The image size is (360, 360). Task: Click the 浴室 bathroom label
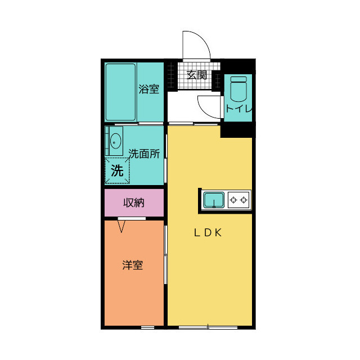click(149, 89)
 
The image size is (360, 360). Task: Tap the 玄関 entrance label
click(197, 74)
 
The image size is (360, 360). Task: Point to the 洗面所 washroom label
click(144, 153)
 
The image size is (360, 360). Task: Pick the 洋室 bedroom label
click(133, 265)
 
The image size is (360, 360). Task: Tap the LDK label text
click(209, 233)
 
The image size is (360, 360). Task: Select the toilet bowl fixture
click(238, 89)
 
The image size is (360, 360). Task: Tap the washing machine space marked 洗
click(117, 171)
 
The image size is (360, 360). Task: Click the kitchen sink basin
click(214, 199)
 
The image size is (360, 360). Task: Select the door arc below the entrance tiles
click(208, 106)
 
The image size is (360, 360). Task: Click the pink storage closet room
click(134, 202)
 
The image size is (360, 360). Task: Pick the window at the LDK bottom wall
click(208, 327)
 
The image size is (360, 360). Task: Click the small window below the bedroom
click(147, 327)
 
